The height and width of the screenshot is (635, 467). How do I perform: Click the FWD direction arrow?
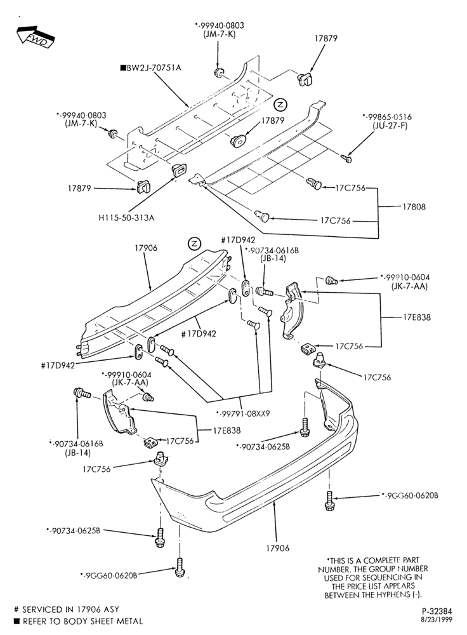36,37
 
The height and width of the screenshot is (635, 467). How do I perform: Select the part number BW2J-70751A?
154,68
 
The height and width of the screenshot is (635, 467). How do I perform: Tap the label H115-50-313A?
127,218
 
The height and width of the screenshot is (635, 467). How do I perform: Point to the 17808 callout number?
414,206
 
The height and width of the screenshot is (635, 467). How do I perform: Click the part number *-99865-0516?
387,117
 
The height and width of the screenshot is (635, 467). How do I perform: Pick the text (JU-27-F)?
390,126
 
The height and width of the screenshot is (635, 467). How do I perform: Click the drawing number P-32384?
437,612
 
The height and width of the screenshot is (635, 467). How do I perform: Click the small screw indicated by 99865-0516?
346,158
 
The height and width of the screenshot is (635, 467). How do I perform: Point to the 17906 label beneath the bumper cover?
278,549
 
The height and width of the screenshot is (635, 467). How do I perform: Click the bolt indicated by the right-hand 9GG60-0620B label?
329,500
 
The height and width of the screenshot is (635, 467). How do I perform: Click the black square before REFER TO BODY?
16,621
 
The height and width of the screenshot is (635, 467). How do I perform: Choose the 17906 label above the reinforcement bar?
146,248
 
